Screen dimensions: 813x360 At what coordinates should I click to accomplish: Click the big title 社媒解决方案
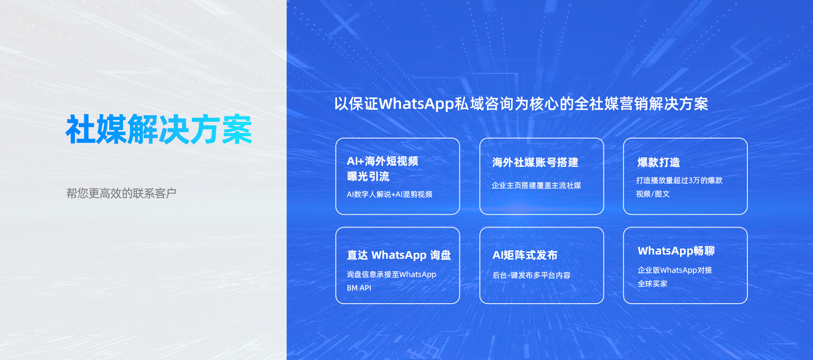159,129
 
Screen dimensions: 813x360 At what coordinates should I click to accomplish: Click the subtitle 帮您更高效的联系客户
121,193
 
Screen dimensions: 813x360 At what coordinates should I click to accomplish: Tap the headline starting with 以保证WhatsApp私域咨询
521,104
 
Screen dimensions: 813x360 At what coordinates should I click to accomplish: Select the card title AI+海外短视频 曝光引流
382,169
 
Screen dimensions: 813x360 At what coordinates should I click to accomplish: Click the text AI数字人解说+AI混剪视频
390,194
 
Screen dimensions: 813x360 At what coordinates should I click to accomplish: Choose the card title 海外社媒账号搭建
535,162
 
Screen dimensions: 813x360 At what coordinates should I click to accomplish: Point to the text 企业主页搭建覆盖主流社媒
536,186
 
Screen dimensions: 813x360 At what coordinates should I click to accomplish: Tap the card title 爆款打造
658,162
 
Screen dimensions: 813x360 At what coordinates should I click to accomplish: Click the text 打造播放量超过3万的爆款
679,180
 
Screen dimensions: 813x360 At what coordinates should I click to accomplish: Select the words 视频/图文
653,194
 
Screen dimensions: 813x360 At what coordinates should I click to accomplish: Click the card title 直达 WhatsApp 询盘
399,255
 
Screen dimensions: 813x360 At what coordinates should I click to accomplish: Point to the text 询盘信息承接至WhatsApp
391,274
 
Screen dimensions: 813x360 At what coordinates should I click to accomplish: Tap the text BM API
359,288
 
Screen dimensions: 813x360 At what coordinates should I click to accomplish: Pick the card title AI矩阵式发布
525,255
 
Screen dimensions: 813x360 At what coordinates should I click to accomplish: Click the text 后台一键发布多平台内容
531,275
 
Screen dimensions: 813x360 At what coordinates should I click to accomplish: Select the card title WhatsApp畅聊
676,251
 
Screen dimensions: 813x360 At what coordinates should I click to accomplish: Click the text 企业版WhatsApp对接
675,270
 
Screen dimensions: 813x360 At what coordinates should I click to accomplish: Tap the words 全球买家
653,284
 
